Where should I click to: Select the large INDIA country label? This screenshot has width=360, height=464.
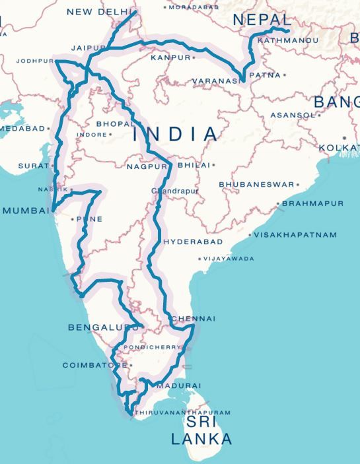[175, 135]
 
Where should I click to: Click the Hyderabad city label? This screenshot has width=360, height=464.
[193, 242]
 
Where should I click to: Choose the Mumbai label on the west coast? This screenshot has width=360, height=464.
[26, 211]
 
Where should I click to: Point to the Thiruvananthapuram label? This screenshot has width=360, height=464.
[183, 413]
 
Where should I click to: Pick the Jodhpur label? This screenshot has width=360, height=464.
[34, 61]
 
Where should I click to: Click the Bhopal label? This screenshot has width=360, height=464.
[114, 123]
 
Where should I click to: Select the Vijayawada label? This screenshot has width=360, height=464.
[229, 259]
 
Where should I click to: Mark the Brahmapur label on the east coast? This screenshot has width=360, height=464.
[313, 203]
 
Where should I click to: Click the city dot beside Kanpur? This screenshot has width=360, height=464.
[194, 58]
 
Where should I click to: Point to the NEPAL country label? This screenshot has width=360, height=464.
[262, 20]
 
